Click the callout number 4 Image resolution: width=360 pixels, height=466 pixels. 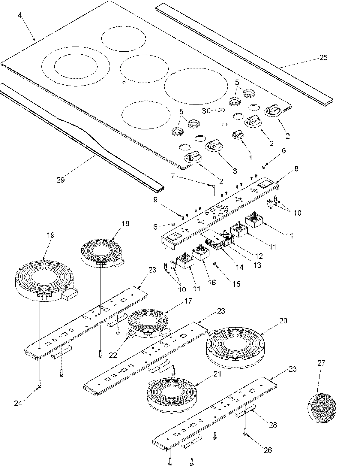20,15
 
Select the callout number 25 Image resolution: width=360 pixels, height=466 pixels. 323,57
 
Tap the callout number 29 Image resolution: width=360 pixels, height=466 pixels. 61,180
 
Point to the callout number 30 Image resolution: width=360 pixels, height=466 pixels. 206,110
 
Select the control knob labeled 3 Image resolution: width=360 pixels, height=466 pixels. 214,145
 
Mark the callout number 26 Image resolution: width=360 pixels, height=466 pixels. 268,450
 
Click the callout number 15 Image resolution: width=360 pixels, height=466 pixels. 236,284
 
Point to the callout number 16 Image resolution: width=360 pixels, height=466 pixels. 212,283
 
